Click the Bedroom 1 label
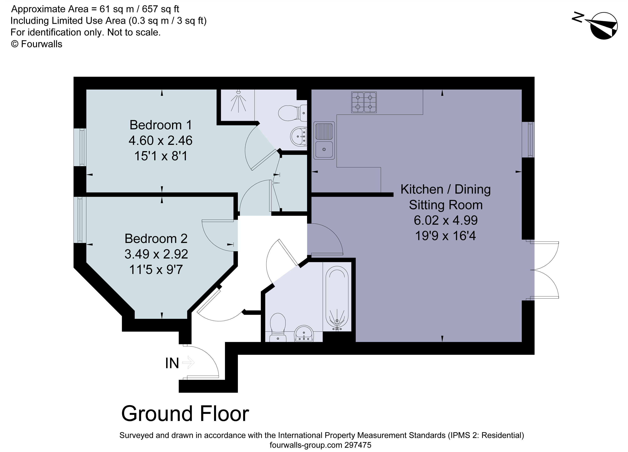point(161,125)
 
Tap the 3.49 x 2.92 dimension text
point(156,254)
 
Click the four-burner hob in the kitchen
point(364,102)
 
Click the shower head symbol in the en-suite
point(238,101)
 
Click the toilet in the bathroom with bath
point(278,327)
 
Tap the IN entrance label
point(172,363)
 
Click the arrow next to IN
point(189,362)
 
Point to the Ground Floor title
point(185,414)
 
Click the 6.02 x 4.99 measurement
point(445,221)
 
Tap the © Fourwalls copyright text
point(37,44)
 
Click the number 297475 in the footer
point(357,445)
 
